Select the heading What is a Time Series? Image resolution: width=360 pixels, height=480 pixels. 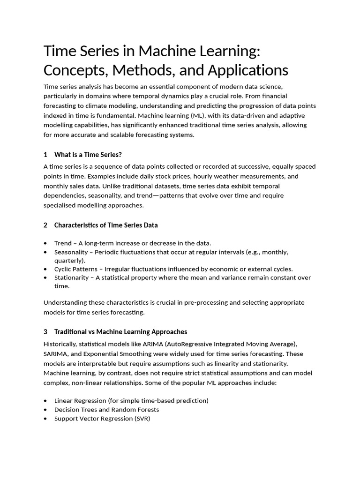(88, 155)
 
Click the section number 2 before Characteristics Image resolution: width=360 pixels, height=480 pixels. (45, 225)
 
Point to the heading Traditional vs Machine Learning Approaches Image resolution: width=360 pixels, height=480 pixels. (120, 332)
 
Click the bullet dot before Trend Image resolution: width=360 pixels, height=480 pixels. (45, 243)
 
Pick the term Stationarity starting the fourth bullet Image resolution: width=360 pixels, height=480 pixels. (71, 277)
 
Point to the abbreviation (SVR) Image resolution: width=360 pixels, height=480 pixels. (142, 418)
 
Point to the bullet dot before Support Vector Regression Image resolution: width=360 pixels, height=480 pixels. (45, 418)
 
